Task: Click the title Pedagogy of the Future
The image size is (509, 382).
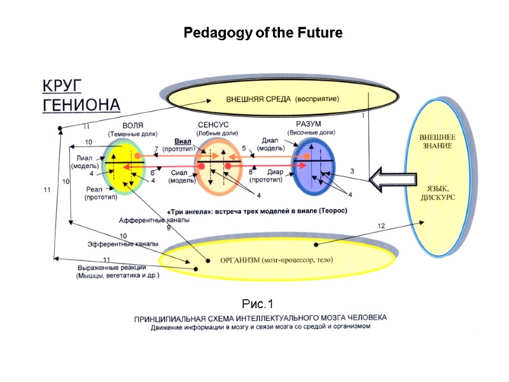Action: click(263, 32)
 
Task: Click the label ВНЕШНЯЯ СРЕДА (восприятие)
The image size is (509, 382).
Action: click(282, 99)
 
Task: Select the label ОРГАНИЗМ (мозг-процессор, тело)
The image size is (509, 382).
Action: click(275, 259)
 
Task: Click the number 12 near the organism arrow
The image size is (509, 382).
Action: click(381, 226)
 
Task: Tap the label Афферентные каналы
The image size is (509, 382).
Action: click(154, 220)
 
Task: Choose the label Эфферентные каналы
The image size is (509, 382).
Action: click(122, 244)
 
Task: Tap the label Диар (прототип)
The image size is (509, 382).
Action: click(266, 176)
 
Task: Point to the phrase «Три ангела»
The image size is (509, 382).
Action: click(190, 211)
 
